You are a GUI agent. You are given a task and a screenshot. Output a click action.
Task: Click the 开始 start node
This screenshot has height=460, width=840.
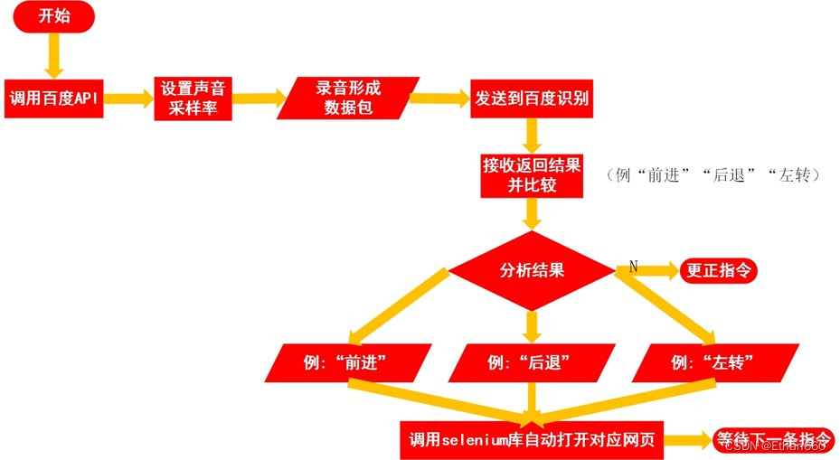tap(53, 17)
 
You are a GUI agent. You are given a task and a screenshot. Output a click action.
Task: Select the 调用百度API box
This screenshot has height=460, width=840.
tap(53, 99)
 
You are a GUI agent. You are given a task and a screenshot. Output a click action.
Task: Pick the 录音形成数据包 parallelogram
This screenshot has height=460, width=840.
tap(348, 99)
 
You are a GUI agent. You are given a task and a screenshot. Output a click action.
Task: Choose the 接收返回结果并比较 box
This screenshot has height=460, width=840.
tap(532, 174)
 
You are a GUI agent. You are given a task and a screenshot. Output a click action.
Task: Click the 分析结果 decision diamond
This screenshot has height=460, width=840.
tap(532, 269)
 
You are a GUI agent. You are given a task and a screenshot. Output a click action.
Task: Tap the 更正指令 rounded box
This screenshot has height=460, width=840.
tap(720, 269)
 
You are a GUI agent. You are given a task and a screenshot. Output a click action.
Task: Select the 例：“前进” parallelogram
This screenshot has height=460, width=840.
tap(346, 362)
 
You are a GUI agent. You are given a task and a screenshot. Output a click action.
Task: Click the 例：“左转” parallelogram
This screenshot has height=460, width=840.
tap(714, 362)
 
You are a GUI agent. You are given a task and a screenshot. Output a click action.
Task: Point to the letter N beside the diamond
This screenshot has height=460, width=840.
tap(633, 266)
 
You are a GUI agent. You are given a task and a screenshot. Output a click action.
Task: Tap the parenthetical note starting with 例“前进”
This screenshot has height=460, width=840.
tap(714, 175)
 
